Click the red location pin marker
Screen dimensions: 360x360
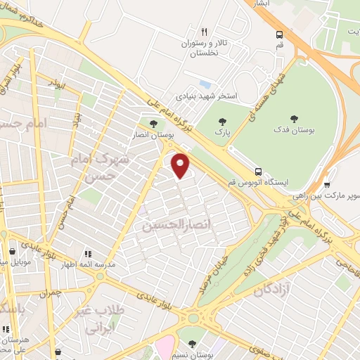coord(181,166)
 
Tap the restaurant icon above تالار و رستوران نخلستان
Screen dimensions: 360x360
coord(204,32)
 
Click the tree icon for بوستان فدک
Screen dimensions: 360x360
coord(294,120)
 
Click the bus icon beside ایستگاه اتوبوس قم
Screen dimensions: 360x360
coord(259,171)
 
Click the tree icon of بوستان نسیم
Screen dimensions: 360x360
coord(192,344)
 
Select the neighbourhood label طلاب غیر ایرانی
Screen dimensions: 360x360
coord(108,321)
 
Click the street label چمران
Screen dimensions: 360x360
coord(50,292)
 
